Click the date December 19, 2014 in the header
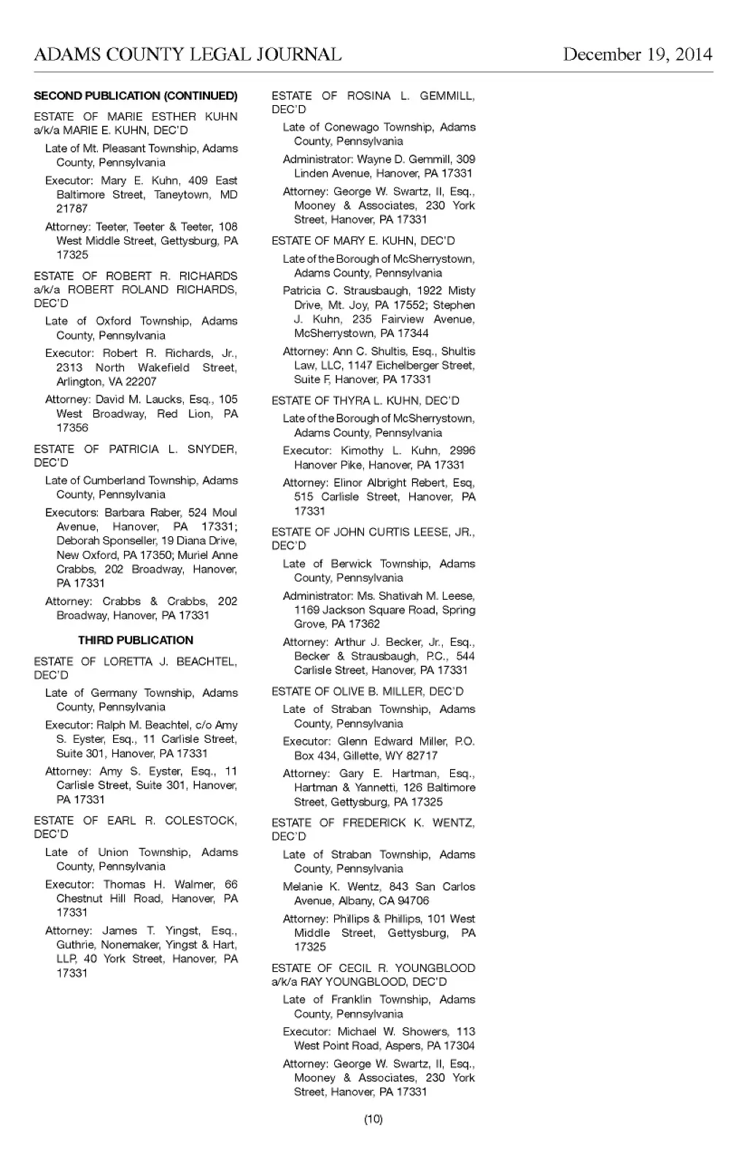click(637, 55)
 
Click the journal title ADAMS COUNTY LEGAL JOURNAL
click(187, 55)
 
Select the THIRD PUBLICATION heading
click(136, 640)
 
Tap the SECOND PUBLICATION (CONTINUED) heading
click(136, 96)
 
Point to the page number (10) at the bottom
click(373, 1119)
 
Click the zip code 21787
click(71, 209)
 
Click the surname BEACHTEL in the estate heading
click(206, 662)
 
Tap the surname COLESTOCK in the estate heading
click(201, 821)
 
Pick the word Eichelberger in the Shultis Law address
click(409, 366)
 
